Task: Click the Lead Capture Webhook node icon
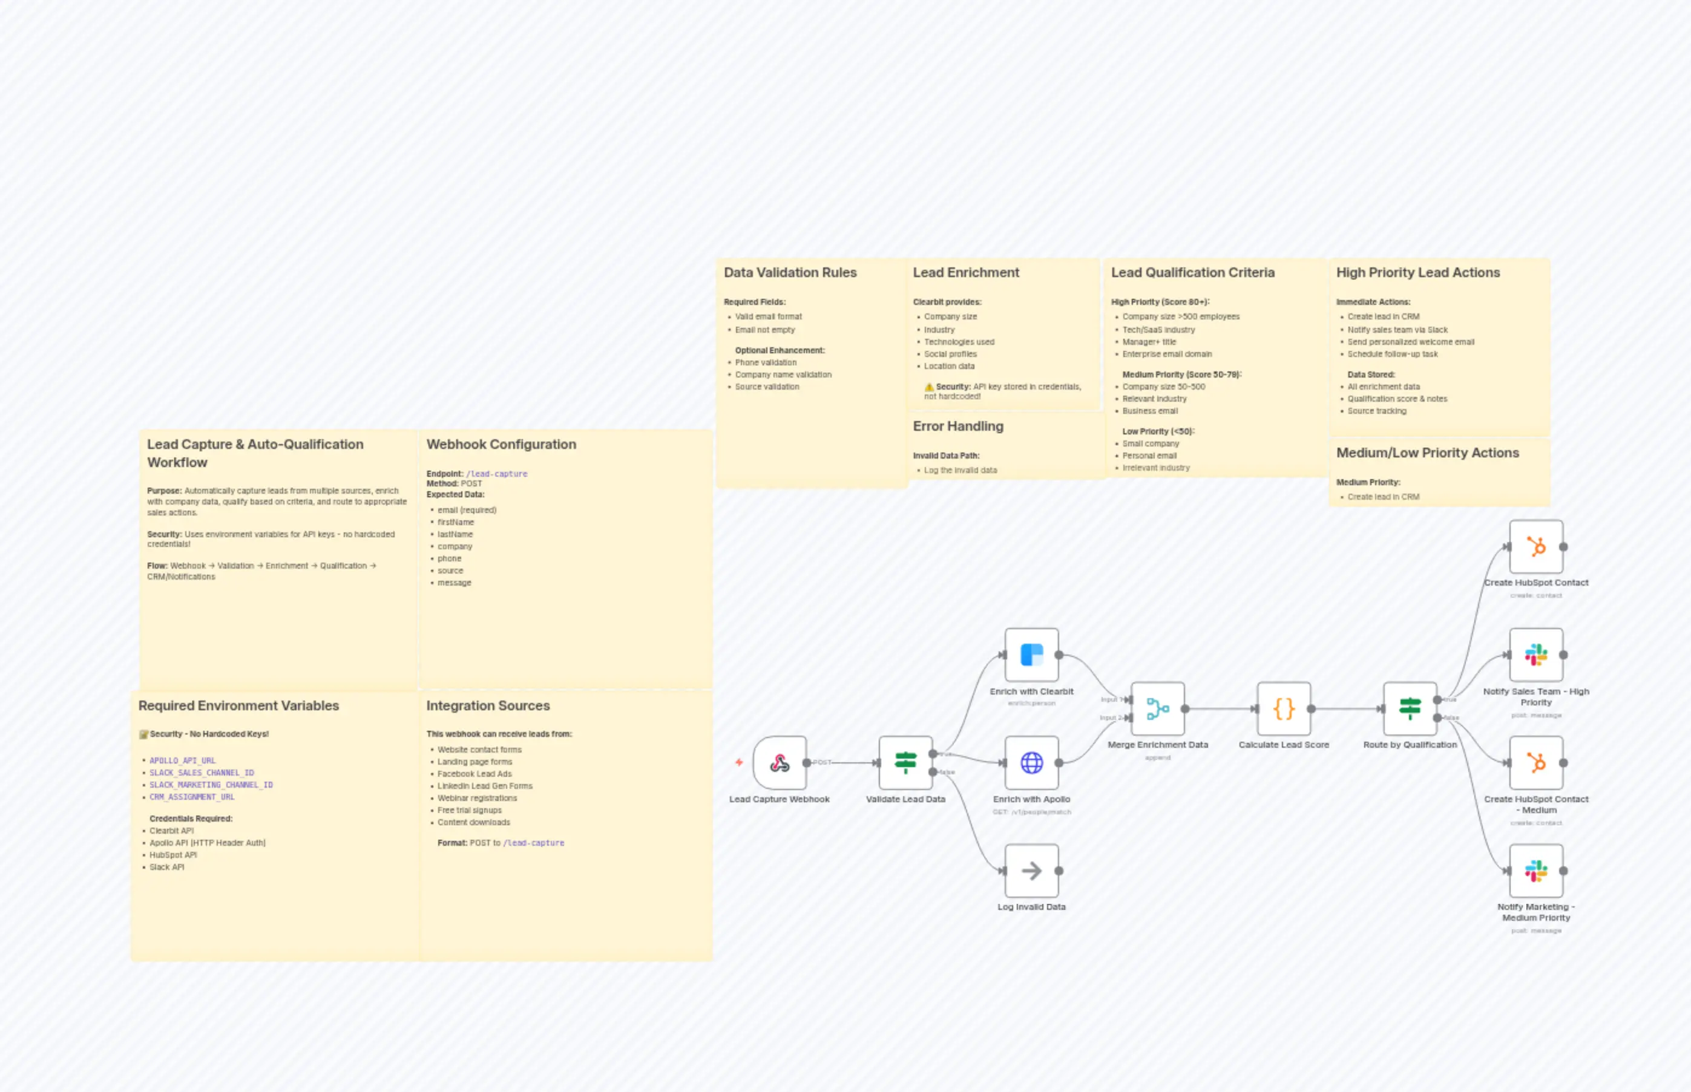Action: pyautogui.click(x=780, y=763)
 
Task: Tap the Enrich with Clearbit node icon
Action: pyautogui.click(x=1031, y=655)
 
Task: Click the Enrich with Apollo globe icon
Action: pyautogui.click(x=1031, y=763)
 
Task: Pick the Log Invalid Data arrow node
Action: pyautogui.click(x=1031, y=871)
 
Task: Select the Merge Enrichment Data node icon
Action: pyautogui.click(x=1158, y=708)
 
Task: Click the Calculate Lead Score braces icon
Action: pyautogui.click(x=1284, y=708)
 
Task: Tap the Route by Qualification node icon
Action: pyautogui.click(x=1410, y=708)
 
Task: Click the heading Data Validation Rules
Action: pyautogui.click(x=790, y=272)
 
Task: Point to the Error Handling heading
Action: pyautogui.click(x=957, y=426)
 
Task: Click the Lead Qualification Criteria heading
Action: pyautogui.click(x=1192, y=272)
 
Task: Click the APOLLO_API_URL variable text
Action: pyautogui.click(x=182, y=760)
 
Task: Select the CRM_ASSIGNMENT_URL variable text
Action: pyautogui.click(x=191, y=797)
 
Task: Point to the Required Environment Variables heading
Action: pyautogui.click(x=238, y=705)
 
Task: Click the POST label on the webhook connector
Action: pyautogui.click(x=822, y=762)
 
